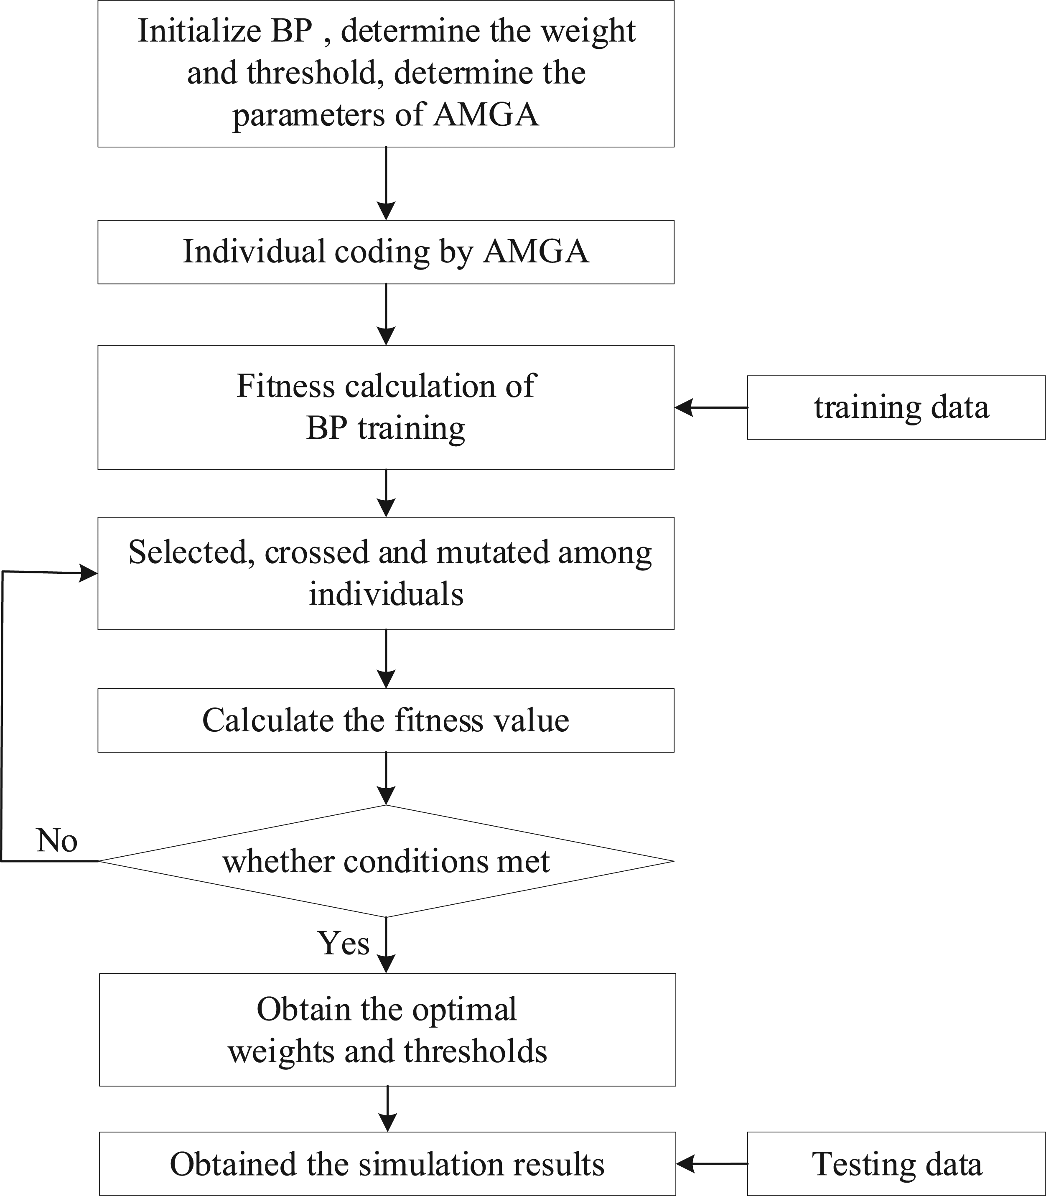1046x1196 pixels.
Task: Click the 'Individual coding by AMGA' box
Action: [x=386, y=252]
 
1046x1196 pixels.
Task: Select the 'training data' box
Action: [x=896, y=407]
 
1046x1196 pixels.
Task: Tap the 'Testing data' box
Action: [x=896, y=1164]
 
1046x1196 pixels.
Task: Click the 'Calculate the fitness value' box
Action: [x=386, y=720]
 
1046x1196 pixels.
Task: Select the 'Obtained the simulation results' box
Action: [x=387, y=1164]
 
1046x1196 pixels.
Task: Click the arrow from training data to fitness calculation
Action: [x=711, y=407]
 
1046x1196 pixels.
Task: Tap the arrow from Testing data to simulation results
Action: [x=712, y=1164]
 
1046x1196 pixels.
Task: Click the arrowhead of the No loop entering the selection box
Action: [x=89, y=573]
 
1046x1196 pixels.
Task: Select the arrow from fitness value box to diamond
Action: [x=386, y=779]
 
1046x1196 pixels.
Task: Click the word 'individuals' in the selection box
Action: [x=386, y=595]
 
